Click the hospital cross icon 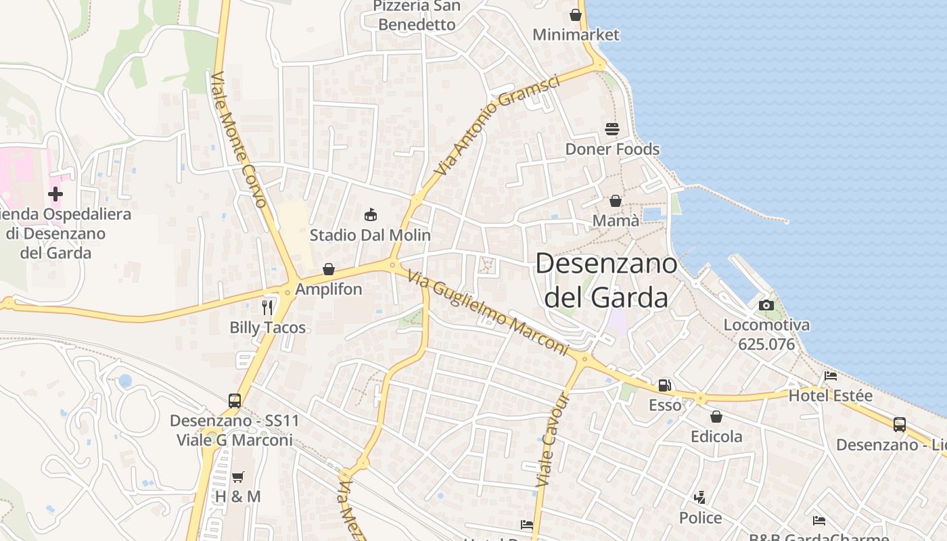click(x=55, y=195)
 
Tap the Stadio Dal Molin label click(x=370, y=235)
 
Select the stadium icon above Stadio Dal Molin click(x=370, y=215)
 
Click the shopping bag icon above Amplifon click(x=329, y=269)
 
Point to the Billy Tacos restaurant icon click(x=268, y=308)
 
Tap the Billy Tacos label click(x=268, y=328)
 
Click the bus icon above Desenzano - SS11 click(x=235, y=400)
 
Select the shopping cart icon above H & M click(x=237, y=477)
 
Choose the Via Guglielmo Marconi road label click(x=488, y=312)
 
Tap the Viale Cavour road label click(x=553, y=440)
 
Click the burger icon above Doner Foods click(x=612, y=128)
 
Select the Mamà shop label click(x=616, y=221)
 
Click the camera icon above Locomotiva click(x=766, y=306)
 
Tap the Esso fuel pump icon click(x=665, y=385)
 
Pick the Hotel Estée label click(x=831, y=396)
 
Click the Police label click(x=701, y=518)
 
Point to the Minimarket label click(x=576, y=34)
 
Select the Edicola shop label click(x=716, y=437)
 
